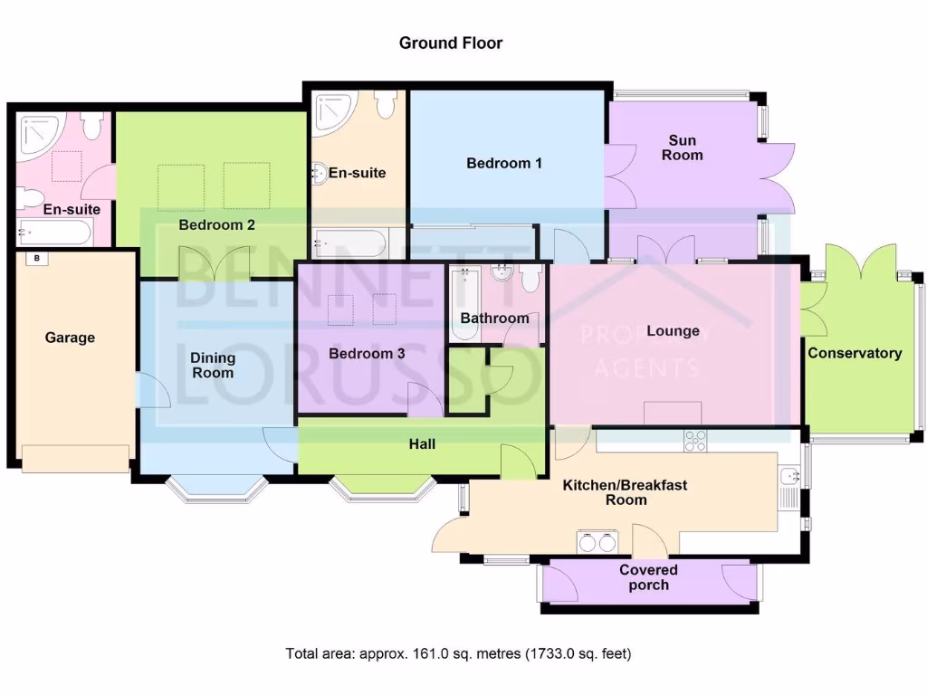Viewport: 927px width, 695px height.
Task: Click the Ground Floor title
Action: click(451, 43)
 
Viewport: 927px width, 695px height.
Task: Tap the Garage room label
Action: click(70, 338)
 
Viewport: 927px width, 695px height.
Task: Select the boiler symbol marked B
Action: click(37, 259)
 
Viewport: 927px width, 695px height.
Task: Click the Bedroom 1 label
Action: click(504, 163)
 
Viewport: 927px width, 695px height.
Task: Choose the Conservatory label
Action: click(855, 353)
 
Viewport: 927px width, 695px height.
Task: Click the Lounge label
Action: click(673, 330)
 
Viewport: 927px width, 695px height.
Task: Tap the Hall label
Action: click(422, 443)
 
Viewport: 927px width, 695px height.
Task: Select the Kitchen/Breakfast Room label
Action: click(625, 492)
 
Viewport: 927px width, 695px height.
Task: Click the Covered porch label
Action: click(648, 577)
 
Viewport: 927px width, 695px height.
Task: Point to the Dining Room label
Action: click(212, 365)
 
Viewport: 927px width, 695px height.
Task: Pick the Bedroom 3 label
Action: click(367, 353)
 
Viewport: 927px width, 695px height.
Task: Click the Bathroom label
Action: click(494, 318)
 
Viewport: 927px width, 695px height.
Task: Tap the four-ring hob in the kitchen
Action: click(695, 441)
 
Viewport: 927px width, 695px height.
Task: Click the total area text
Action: click(458, 652)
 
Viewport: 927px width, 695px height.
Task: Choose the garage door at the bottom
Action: click(75, 459)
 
